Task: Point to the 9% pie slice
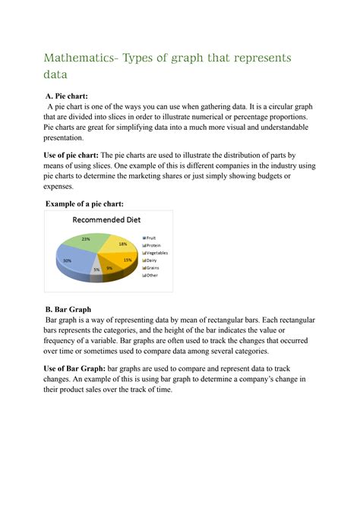[109, 267]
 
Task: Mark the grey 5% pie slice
[96, 268]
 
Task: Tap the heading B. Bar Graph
[68, 309]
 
